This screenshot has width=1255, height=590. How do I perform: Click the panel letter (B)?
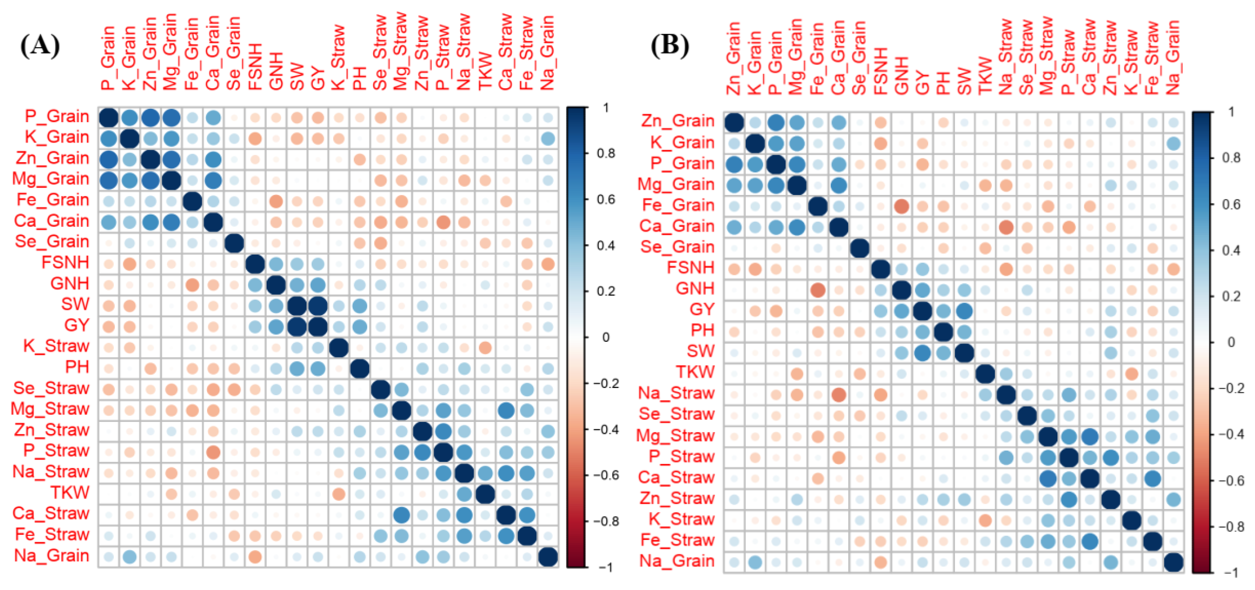click(x=670, y=46)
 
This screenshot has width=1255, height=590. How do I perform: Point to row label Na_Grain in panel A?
click(x=52, y=556)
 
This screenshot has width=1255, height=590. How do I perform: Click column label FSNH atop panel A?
click(x=255, y=67)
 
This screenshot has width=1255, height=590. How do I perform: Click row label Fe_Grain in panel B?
click(x=678, y=205)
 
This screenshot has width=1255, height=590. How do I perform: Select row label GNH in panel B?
click(x=695, y=289)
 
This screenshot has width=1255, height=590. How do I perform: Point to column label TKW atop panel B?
click(x=985, y=76)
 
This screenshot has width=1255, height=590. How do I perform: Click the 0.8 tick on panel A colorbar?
click(x=606, y=153)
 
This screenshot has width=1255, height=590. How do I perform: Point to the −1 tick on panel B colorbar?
click(x=1231, y=573)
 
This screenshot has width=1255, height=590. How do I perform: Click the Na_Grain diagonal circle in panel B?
click(x=1173, y=562)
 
